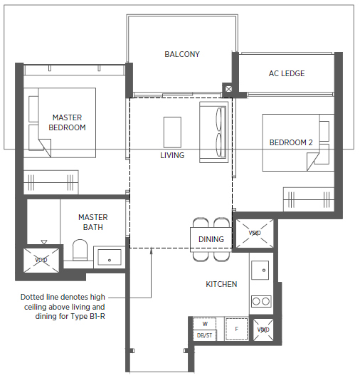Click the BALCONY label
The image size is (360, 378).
click(x=182, y=54)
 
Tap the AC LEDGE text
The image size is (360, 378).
click(x=287, y=73)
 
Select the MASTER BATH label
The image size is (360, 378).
click(x=93, y=222)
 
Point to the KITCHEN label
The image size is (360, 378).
click(x=221, y=284)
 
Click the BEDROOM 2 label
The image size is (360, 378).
click(x=291, y=142)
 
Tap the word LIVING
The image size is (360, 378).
click(x=172, y=155)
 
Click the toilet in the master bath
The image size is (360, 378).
click(x=80, y=250)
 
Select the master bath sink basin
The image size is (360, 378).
click(x=110, y=257)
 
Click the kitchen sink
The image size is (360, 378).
click(x=260, y=270)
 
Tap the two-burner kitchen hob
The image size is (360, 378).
click(x=261, y=301)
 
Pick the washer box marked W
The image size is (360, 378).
click(x=205, y=324)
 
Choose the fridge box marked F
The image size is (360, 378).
click(x=237, y=329)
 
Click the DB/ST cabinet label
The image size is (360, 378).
click(x=205, y=335)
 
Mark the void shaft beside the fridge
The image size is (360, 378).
click(x=263, y=330)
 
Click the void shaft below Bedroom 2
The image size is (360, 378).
click(x=255, y=233)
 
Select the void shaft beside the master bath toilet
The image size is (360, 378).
click(x=41, y=260)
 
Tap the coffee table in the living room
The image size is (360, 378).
click(x=172, y=132)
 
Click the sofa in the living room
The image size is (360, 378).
click(x=213, y=132)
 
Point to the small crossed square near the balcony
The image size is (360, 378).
click(x=228, y=89)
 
